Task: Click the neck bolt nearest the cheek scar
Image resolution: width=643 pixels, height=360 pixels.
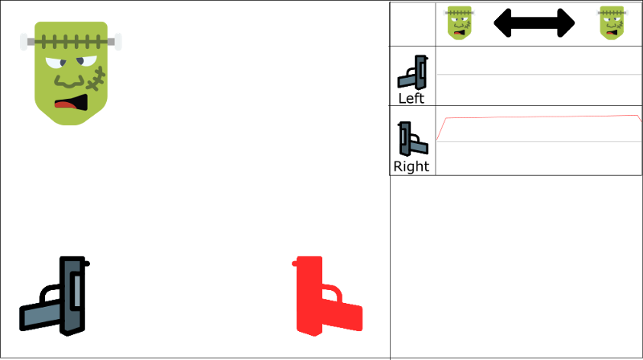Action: tap(117, 41)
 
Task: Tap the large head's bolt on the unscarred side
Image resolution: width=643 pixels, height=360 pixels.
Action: tap(25, 41)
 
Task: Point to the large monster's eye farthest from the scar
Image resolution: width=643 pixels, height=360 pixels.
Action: tap(55, 63)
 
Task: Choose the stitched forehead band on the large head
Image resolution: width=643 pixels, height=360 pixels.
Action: tap(71, 41)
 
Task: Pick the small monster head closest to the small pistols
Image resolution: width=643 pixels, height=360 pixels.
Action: tap(460, 22)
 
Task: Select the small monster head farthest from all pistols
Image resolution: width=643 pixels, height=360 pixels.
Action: tap(612, 22)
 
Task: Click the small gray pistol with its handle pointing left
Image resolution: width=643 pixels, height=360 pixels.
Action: tap(412, 73)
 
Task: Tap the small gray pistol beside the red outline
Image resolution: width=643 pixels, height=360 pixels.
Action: tap(413, 139)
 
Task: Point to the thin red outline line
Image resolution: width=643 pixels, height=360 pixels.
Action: tap(539, 117)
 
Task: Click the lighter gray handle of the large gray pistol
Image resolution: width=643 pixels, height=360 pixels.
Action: tap(40, 315)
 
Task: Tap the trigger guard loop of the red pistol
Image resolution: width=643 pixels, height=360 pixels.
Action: tap(331, 293)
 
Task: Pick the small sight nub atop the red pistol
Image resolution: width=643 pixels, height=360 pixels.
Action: tap(295, 263)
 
